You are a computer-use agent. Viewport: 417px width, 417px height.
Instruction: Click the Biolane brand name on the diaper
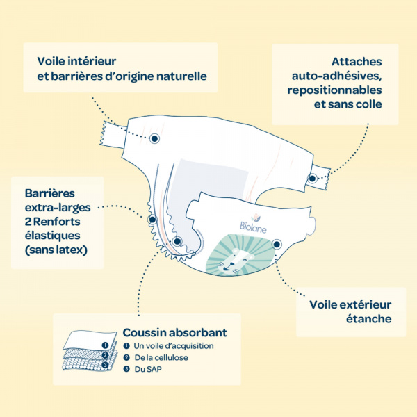[253, 228]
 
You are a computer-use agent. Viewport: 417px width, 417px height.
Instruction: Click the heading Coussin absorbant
[174, 332]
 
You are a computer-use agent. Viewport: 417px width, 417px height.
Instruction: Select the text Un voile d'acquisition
[174, 345]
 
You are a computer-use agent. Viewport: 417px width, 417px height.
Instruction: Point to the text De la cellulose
[161, 357]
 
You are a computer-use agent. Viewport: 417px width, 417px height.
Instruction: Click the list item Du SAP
[148, 369]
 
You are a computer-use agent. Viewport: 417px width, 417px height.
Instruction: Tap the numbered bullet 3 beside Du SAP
[126, 369]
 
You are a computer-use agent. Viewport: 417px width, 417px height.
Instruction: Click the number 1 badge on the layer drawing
[106, 345]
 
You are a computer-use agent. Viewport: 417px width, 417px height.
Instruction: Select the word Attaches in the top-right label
[357, 62]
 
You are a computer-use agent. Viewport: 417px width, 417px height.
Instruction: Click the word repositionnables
[334, 90]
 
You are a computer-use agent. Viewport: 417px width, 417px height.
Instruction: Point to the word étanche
[368, 318]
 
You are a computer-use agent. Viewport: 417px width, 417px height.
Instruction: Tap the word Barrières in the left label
[50, 193]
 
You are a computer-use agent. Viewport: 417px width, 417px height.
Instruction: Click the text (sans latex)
[56, 250]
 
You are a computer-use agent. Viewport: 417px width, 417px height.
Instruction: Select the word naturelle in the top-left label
[181, 76]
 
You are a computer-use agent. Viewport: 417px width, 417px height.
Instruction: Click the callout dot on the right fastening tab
[313, 179]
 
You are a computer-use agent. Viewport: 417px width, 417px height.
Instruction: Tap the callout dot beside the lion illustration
[277, 244]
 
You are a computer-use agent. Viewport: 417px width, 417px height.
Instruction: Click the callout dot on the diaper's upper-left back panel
[154, 138]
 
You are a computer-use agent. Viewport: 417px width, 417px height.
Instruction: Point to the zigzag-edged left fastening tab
[113, 135]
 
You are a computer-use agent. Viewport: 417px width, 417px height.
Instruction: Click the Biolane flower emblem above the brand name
[255, 218]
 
